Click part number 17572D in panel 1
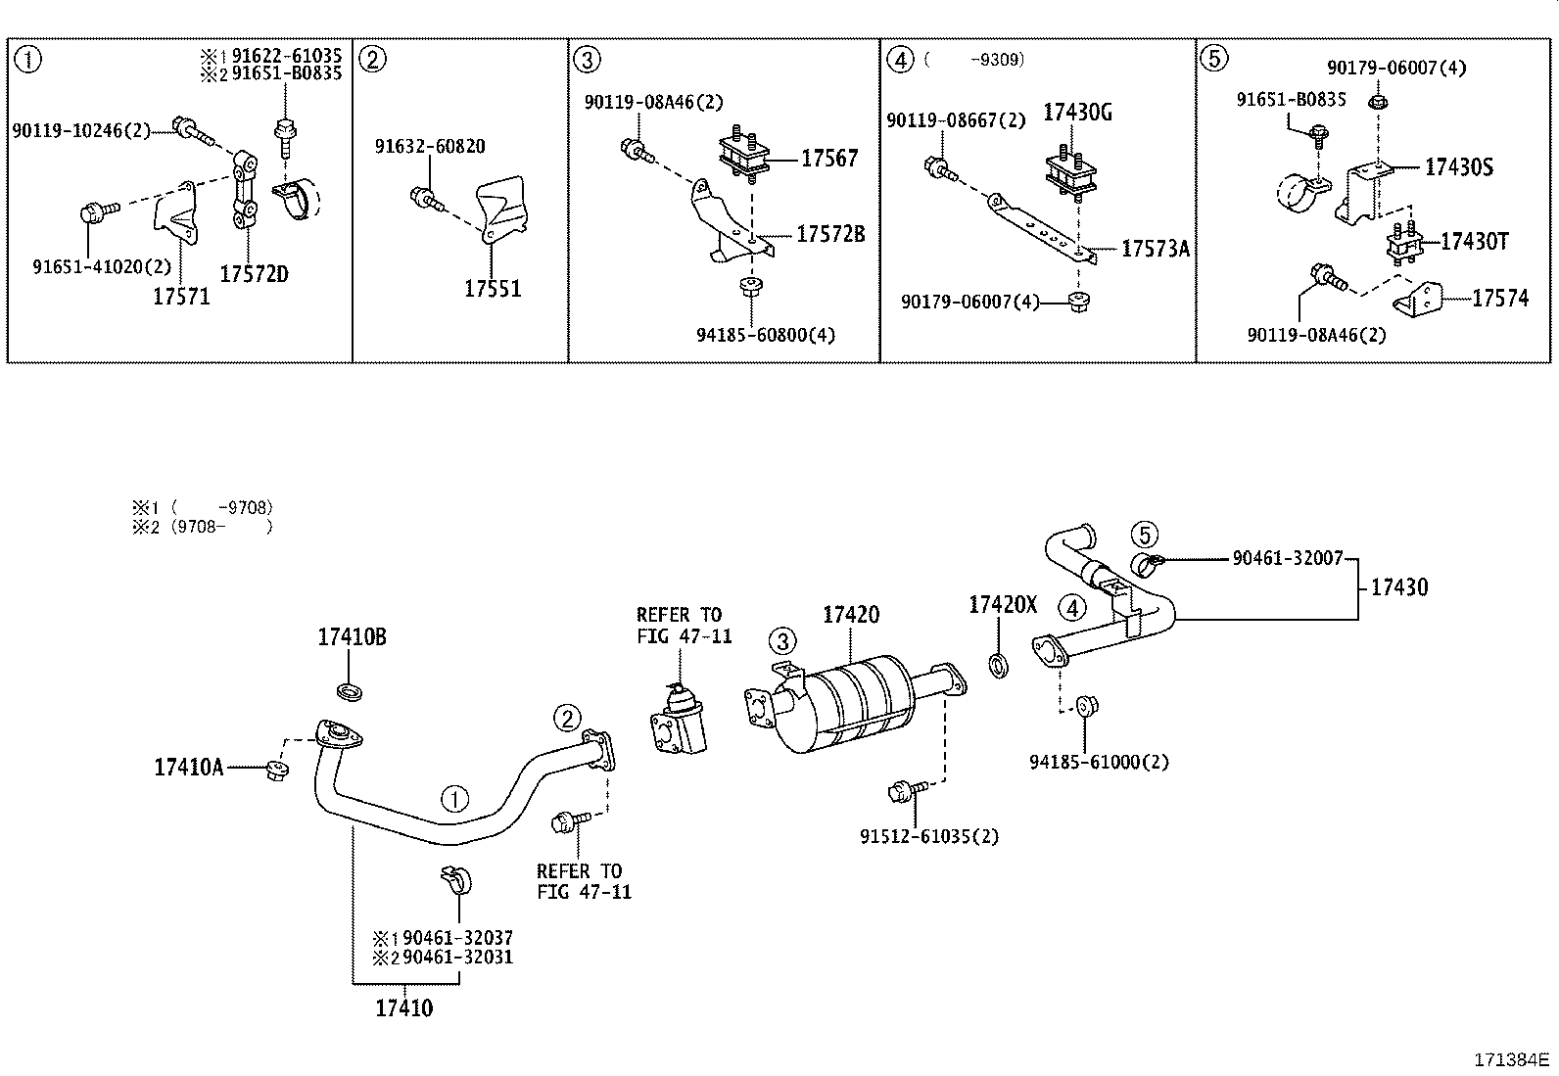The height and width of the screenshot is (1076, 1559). (254, 274)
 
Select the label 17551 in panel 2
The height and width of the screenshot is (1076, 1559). (493, 289)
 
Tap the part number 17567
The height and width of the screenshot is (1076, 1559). (828, 159)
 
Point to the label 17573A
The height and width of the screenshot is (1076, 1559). (1155, 250)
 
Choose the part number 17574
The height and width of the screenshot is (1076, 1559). (1499, 299)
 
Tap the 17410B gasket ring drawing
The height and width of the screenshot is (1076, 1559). (350, 693)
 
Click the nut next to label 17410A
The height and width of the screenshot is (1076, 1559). (275, 771)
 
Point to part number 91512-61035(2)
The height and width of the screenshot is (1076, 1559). (929, 836)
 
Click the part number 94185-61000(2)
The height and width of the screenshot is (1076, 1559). (1099, 762)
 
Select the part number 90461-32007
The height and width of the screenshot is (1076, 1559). (1288, 558)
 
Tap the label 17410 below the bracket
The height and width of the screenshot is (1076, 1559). (403, 1007)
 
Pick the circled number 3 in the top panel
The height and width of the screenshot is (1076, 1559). (585, 60)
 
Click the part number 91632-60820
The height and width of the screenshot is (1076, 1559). (430, 147)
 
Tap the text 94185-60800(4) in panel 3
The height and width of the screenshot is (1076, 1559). (766, 335)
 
